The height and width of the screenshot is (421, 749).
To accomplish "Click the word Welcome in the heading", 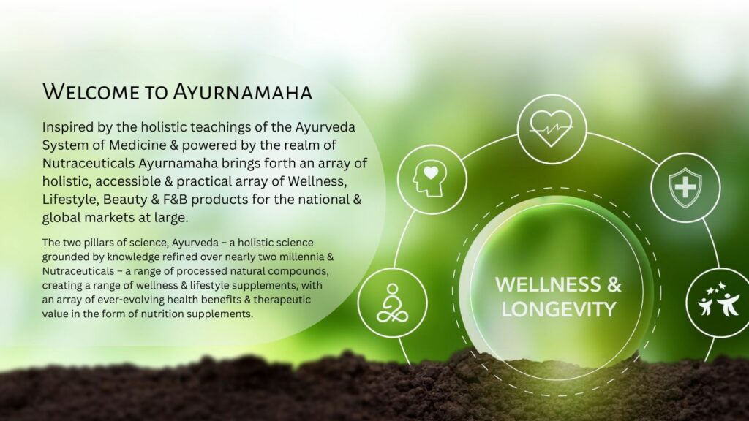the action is pyautogui.click(x=91, y=91).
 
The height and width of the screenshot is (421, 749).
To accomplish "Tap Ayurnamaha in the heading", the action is pyautogui.click(x=242, y=91).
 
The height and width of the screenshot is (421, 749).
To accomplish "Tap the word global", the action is pyautogui.click(x=61, y=218).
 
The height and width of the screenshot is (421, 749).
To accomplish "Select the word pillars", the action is pyautogui.click(x=94, y=243).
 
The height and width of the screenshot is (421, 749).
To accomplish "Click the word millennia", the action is pyautogui.click(x=301, y=257).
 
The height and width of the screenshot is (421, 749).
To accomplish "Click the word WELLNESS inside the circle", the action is pyautogui.click(x=549, y=284).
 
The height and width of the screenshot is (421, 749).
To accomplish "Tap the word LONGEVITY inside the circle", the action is pyautogui.click(x=558, y=309).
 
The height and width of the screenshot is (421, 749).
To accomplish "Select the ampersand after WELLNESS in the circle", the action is pyautogui.click(x=614, y=284).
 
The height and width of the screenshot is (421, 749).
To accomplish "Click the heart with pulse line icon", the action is pyautogui.click(x=552, y=129).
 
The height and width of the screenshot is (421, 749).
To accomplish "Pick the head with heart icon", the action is pyautogui.click(x=430, y=178).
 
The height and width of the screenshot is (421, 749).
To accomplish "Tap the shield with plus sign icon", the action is pyautogui.click(x=685, y=188).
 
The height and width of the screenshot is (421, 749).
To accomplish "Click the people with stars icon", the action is pyautogui.click(x=718, y=300).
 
